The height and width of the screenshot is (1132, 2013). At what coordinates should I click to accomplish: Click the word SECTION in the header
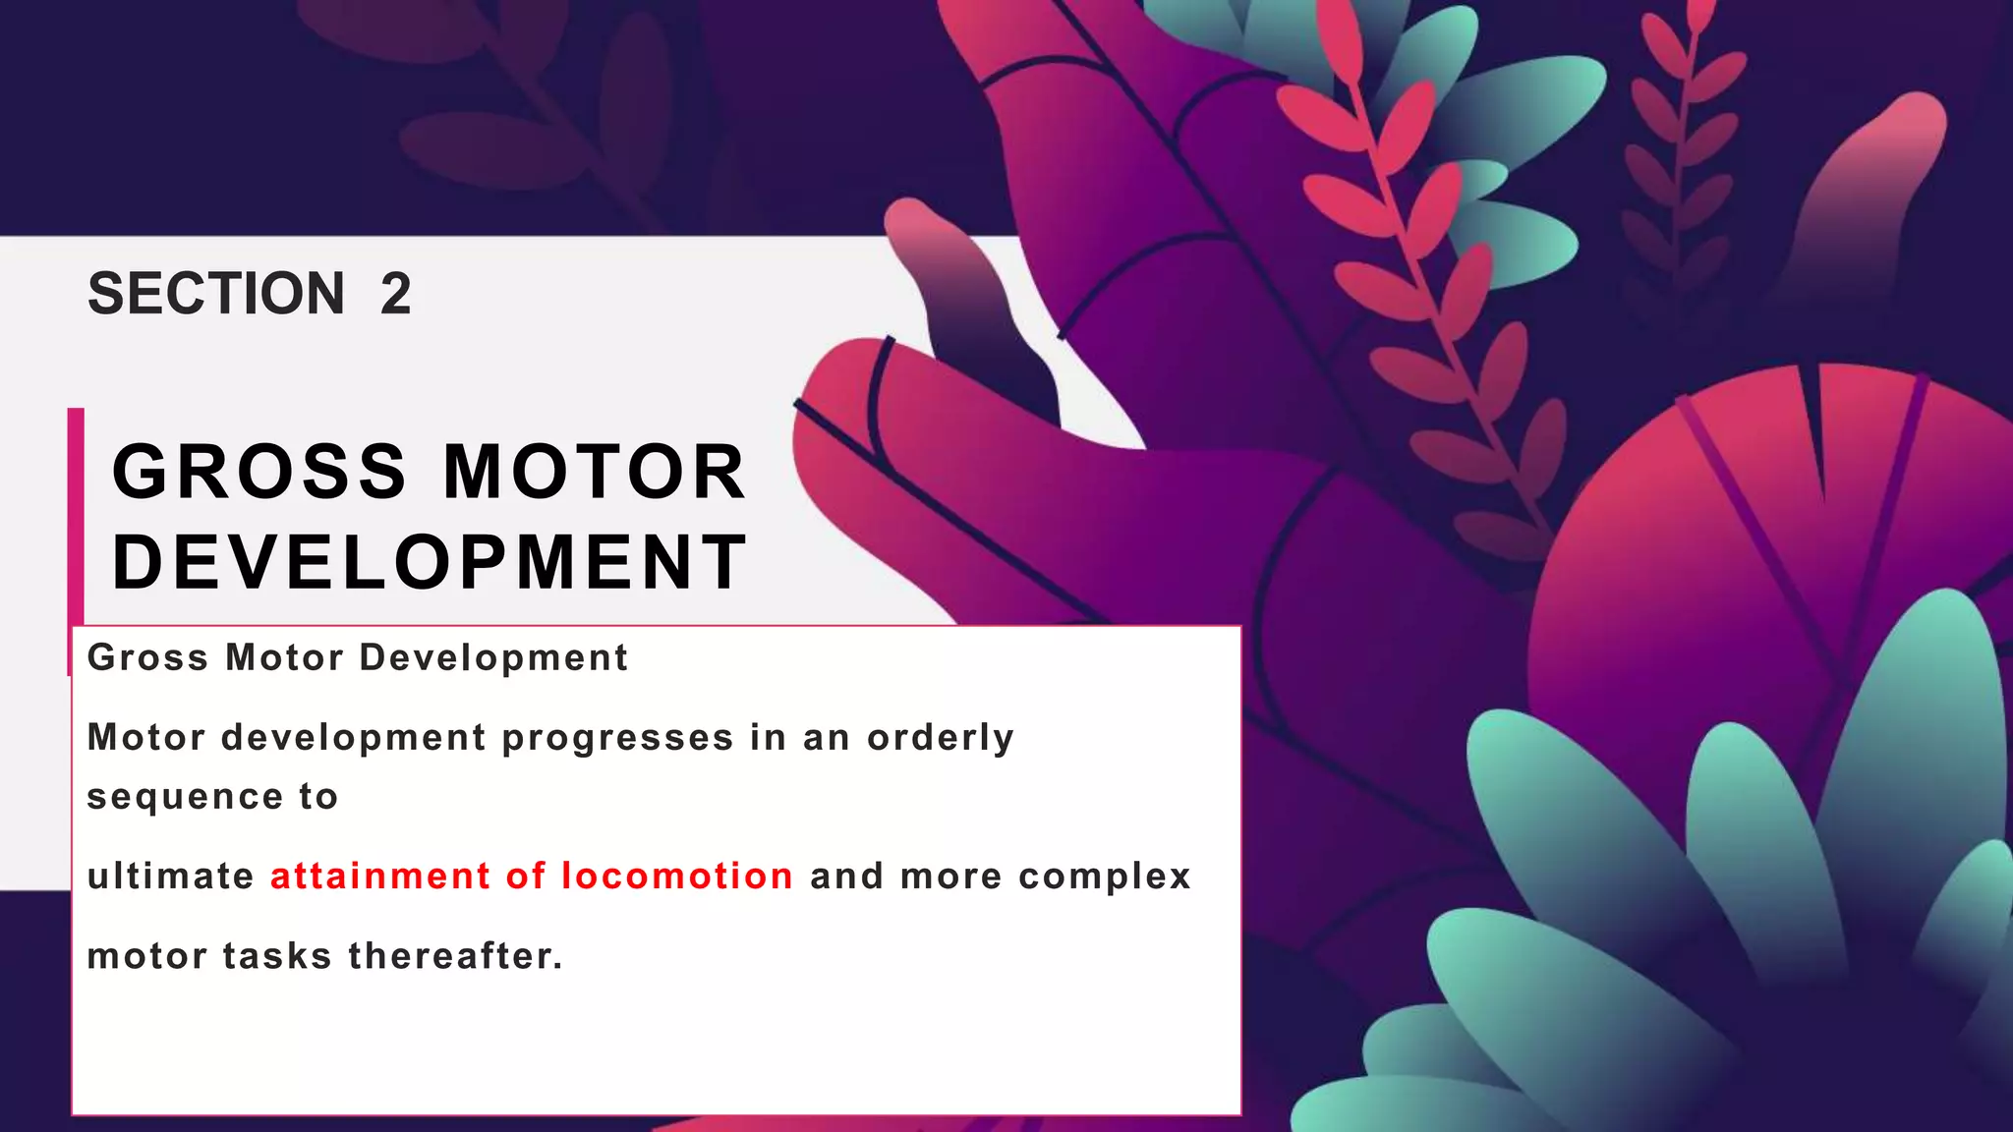point(216,294)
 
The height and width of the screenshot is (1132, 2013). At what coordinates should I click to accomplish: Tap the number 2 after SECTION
point(395,294)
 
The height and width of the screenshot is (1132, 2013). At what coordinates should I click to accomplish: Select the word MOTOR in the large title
point(596,472)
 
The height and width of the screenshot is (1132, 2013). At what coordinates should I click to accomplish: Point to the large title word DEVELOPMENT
point(431,562)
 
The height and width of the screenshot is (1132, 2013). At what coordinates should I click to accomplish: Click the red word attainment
point(380,877)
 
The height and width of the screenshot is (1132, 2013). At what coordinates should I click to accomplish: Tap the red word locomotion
point(677,877)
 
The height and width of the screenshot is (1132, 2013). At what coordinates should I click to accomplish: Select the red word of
point(526,877)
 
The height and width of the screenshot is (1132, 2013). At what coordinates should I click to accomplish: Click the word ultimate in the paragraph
point(171,877)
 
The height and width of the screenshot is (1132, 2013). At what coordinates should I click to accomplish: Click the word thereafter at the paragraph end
point(456,956)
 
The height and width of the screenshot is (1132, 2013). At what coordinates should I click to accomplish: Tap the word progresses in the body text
point(618,738)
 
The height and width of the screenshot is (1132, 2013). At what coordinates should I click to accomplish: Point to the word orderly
point(941,738)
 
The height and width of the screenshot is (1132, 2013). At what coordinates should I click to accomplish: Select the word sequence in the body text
point(185,797)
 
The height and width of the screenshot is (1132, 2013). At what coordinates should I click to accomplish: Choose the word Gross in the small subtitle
point(147,657)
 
